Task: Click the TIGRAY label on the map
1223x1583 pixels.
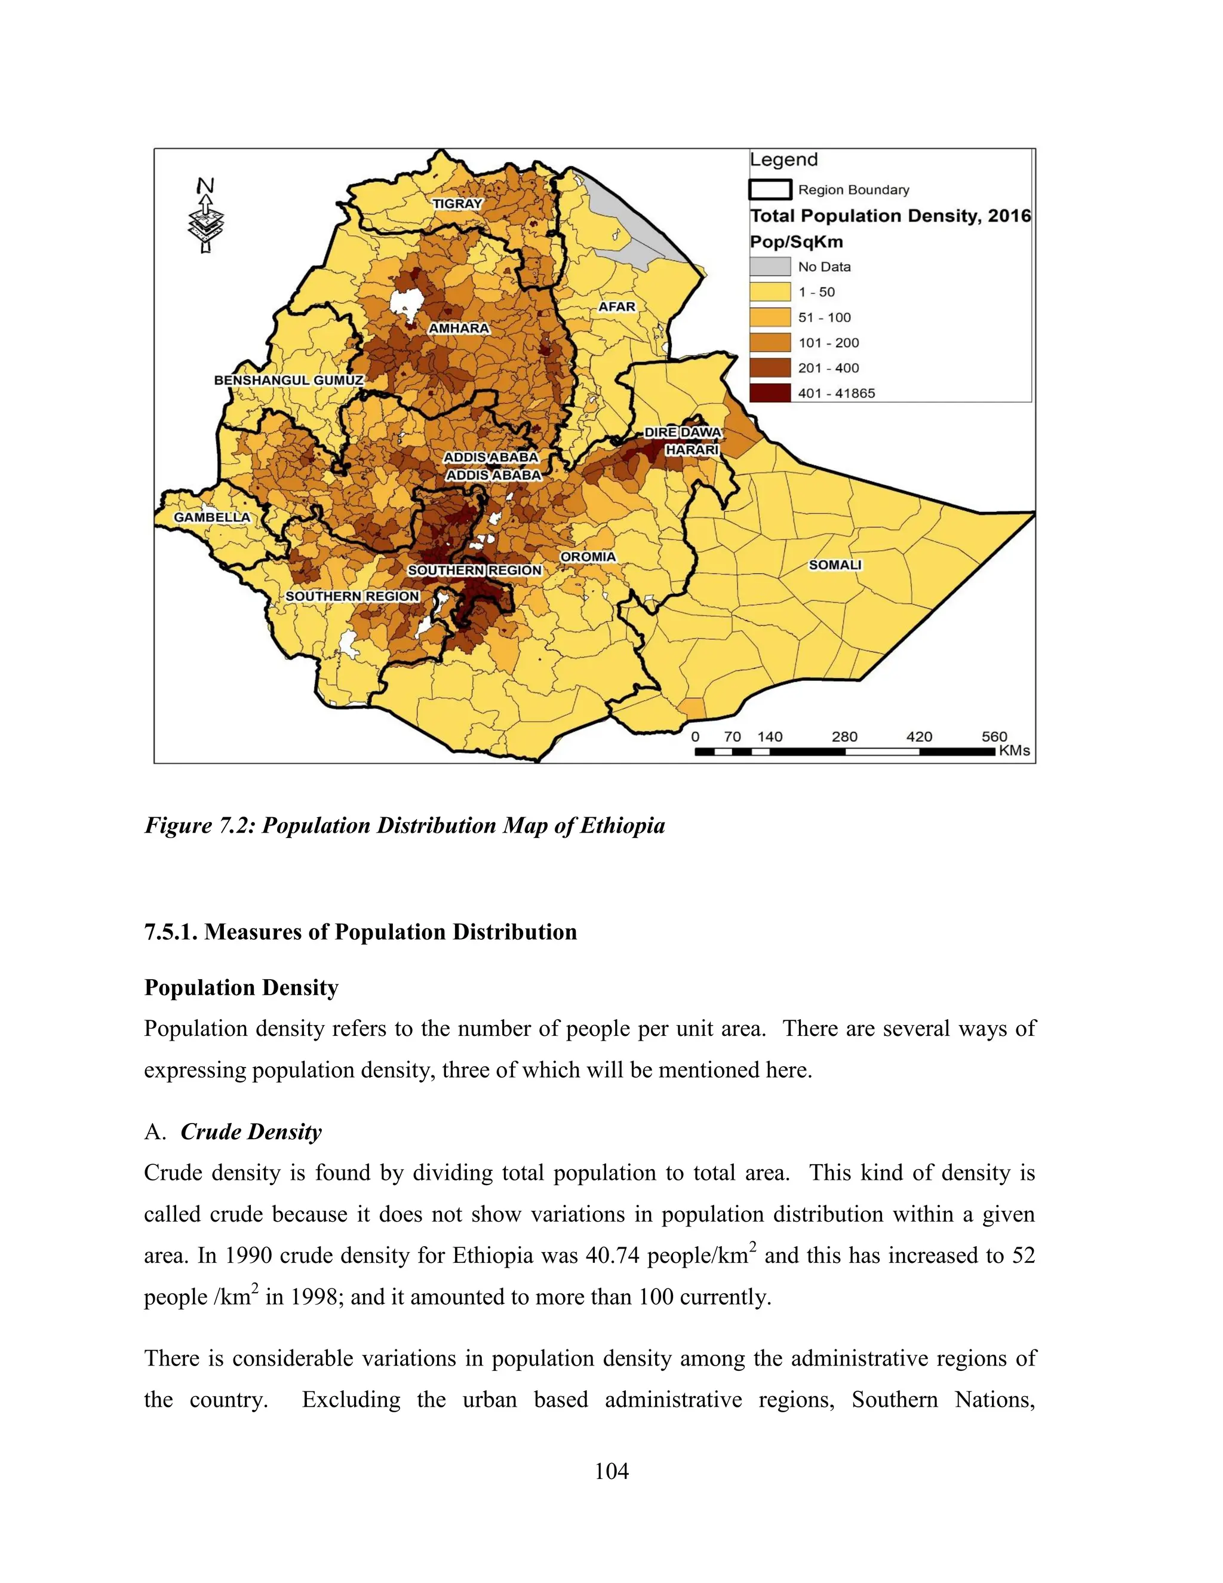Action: point(457,204)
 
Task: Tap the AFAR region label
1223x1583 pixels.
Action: point(616,306)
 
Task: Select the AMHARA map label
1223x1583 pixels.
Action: point(459,329)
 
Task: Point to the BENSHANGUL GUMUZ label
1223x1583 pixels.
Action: point(288,380)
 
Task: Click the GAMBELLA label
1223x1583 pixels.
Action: point(211,517)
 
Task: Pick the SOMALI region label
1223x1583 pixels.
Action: point(835,564)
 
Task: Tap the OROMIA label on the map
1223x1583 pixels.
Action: point(588,557)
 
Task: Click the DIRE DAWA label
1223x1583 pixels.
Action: point(683,432)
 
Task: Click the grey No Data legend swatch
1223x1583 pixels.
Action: point(769,266)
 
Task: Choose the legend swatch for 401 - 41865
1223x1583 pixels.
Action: point(769,393)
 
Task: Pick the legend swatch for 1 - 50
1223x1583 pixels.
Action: point(769,292)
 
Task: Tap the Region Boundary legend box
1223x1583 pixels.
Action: point(769,189)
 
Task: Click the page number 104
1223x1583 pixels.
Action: point(611,1471)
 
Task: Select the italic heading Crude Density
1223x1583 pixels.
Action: point(251,1131)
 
